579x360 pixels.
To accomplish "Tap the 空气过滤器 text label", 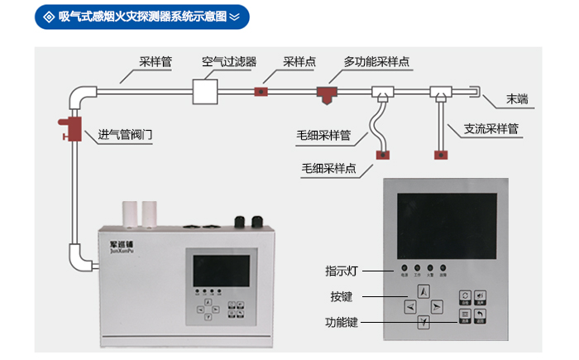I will tap(229, 61).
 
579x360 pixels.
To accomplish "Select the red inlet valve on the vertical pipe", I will tap(72, 127).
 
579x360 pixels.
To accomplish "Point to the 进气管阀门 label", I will tap(125, 134).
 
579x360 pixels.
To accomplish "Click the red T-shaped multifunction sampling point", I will tap(327, 93).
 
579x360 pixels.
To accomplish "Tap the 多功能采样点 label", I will tap(378, 61).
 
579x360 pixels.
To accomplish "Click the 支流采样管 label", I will tap(490, 129).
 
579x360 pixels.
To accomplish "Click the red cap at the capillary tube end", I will tap(384, 152).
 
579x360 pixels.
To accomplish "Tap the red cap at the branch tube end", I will tap(440, 152).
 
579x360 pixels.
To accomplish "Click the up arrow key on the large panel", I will tap(423, 291).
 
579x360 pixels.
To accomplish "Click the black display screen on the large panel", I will tap(447, 223).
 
